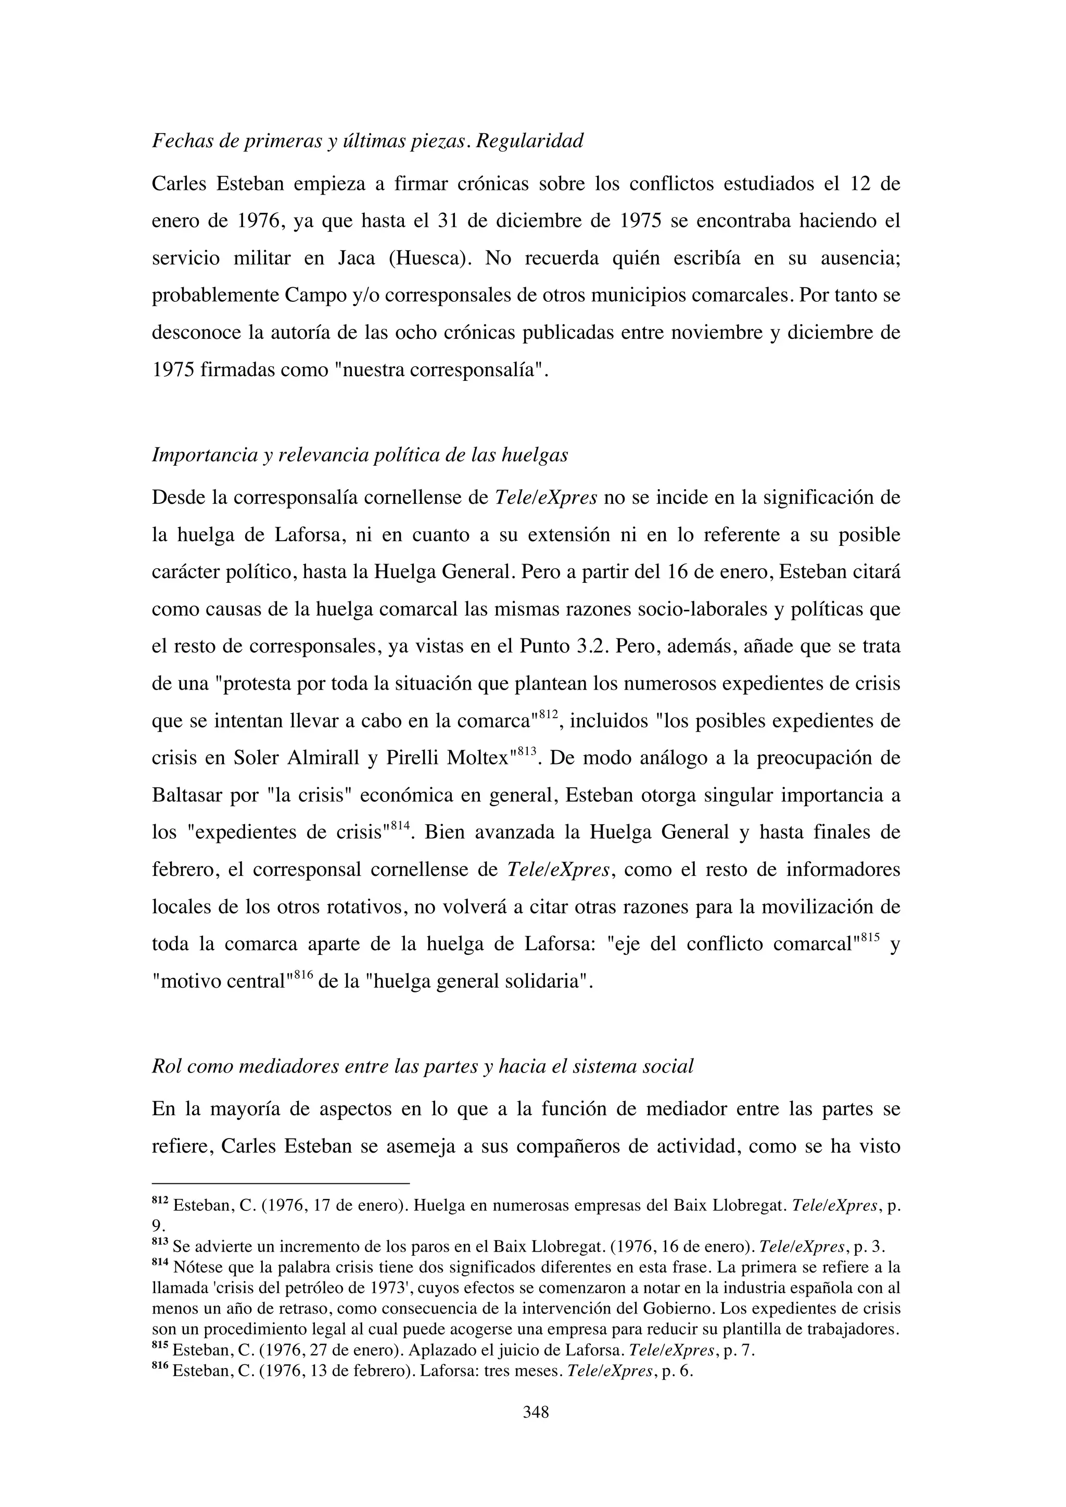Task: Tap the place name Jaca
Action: tap(357, 259)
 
